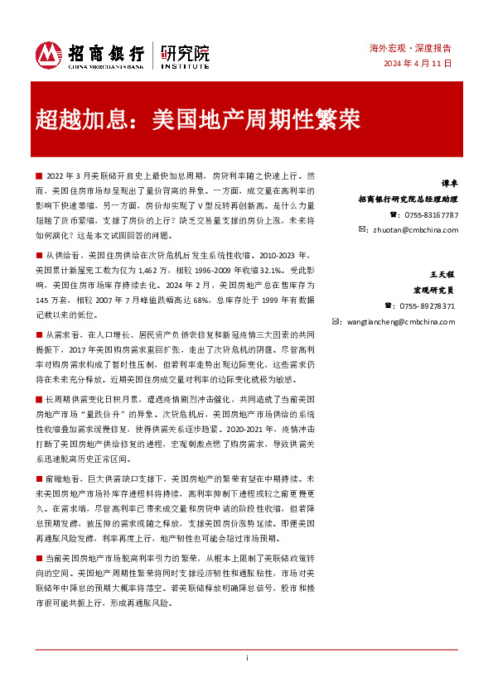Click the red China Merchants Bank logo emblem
pos(49,55)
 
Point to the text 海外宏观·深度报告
pos(416,49)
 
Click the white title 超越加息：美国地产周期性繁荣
pos(197,119)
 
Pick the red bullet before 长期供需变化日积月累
pos(39,397)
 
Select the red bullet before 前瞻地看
pos(39,478)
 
